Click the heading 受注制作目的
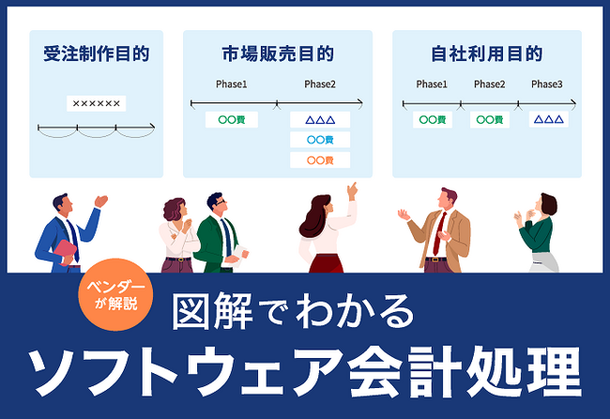click(96, 53)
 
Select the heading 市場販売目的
click(278, 53)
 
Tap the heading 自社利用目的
click(487, 53)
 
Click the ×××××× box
click(96, 103)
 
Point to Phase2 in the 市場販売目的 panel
click(320, 84)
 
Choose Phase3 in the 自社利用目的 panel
click(546, 84)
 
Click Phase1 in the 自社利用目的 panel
click(432, 84)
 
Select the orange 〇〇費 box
click(321, 160)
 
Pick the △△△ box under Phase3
click(548, 119)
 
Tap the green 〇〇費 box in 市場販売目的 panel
click(231, 119)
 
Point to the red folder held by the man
click(64, 251)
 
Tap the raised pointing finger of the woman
click(353, 187)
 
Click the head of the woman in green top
click(547, 203)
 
